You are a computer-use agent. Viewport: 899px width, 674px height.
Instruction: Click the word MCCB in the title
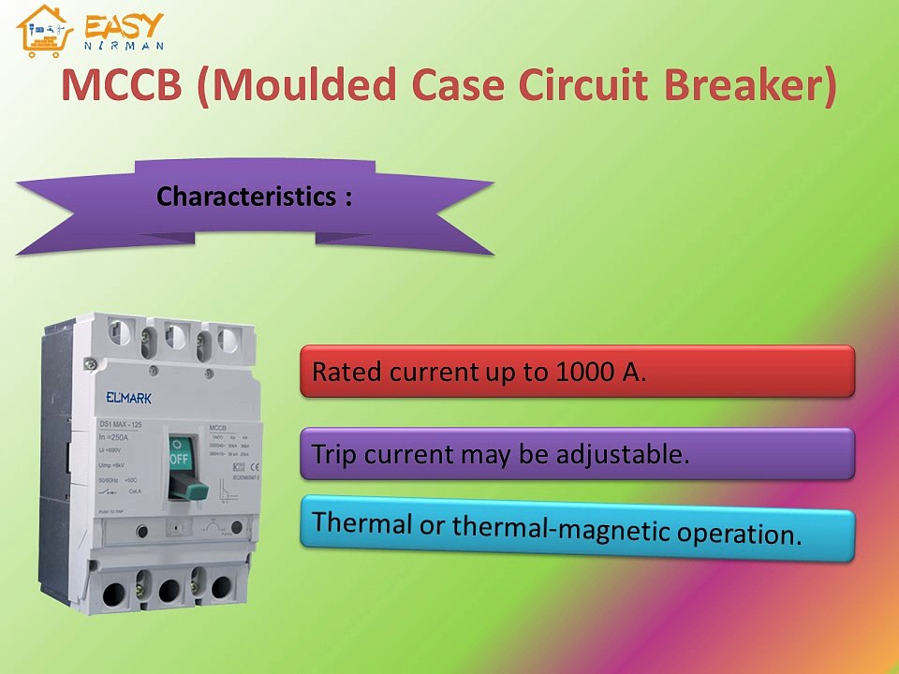click(122, 87)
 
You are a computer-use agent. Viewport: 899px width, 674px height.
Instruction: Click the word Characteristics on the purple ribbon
click(245, 198)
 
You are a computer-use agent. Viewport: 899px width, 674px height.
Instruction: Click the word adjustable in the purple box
click(622, 455)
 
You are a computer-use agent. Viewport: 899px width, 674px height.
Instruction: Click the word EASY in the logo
click(125, 25)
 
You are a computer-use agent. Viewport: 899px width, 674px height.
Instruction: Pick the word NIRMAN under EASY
click(125, 46)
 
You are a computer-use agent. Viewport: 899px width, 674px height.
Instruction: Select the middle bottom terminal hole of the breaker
click(169, 591)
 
